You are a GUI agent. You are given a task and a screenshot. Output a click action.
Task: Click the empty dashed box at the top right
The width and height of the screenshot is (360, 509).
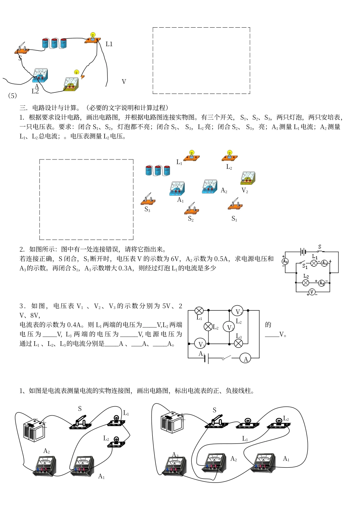201,60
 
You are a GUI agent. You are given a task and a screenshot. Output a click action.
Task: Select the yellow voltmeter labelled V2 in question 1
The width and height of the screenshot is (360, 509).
248,178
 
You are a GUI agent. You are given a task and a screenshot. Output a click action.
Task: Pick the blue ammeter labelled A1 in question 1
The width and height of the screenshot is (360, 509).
177,189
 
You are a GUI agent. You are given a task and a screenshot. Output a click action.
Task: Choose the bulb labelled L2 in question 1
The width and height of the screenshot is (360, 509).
229,156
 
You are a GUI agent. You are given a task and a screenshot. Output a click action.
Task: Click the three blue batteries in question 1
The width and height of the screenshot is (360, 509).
158,170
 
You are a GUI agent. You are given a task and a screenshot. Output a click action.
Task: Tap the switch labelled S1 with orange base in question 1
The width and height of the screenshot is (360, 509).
235,204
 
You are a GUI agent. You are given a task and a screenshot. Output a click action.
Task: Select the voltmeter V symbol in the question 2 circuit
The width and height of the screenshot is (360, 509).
312,292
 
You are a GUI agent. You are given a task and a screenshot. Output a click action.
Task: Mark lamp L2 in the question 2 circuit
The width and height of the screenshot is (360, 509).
306,283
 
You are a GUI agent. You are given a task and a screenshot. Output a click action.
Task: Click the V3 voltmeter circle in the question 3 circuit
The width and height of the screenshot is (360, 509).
238,311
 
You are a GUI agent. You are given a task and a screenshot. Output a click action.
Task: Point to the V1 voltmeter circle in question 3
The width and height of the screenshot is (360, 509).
200,344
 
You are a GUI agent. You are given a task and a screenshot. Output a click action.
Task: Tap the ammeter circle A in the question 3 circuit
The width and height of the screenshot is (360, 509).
245,358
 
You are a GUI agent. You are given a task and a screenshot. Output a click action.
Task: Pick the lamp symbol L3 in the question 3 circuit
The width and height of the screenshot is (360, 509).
238,343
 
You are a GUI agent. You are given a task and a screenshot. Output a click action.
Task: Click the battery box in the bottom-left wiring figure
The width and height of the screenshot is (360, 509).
34,430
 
